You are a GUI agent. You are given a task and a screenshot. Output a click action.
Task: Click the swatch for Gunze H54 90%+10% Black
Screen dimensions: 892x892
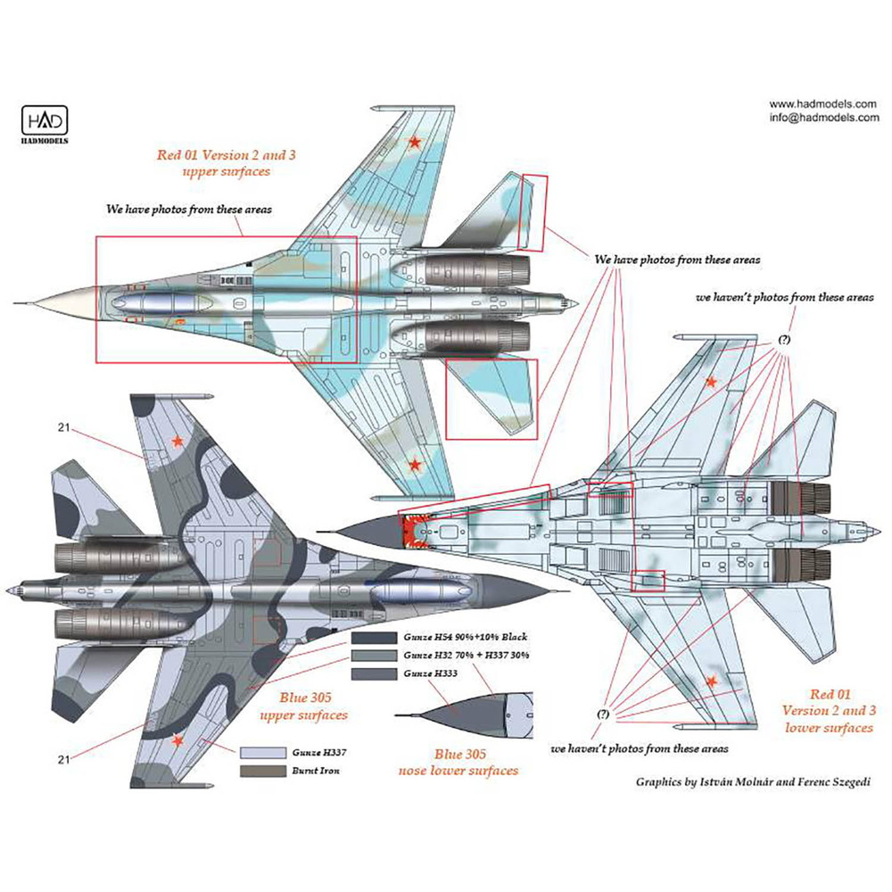pos(372,638)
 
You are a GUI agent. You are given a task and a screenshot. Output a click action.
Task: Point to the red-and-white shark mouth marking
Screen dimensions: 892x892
pos(414,529)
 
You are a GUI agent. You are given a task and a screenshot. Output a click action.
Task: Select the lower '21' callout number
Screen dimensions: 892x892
pos(62,759)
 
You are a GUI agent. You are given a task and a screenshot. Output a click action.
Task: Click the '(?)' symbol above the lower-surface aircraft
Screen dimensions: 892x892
pos(782,340)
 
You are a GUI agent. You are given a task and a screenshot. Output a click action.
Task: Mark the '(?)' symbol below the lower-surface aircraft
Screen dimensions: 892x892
pos(604,714)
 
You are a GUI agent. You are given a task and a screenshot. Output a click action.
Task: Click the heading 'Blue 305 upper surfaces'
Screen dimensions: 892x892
pos(301,707)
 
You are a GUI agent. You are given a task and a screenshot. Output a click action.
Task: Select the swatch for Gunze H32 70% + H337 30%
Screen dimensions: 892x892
pos(372,654)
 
